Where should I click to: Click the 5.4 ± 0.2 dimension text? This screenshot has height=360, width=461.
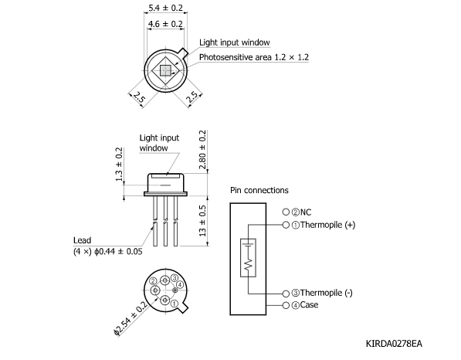coord(165,9)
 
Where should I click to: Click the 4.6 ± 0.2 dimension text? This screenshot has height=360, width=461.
coord(165,24)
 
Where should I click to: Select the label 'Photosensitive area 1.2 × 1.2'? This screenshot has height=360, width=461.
coord(254,58)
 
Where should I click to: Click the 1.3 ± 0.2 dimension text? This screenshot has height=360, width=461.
coord(118,165)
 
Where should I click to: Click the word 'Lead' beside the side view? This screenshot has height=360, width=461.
coord(82,240)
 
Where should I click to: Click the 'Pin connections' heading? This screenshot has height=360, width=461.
coord(259,190)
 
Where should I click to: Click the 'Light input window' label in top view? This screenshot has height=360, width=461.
coord(234,42)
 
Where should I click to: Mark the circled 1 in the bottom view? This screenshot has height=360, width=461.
coord(175,304)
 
